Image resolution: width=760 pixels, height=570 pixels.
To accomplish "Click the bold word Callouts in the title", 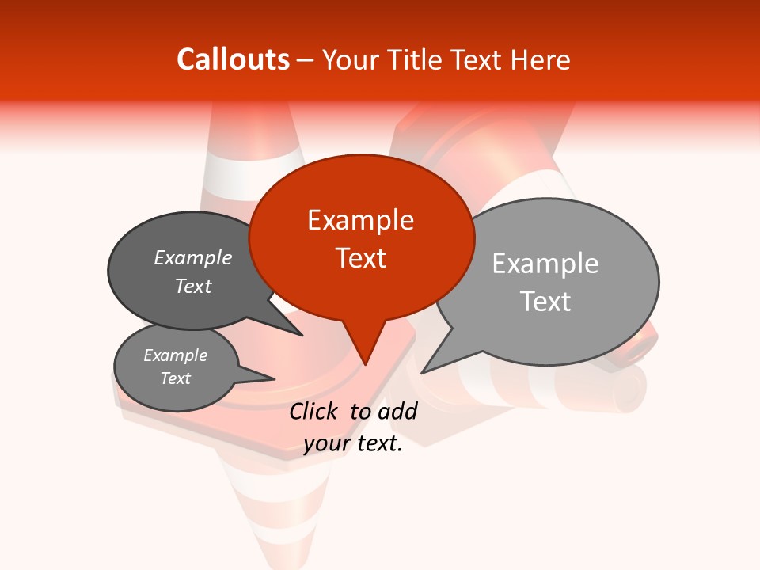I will (x=233, y=59).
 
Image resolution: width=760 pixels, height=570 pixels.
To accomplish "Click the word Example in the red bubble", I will (x=360, y=219).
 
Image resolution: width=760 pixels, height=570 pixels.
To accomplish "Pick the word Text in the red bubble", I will (x=360, y=257).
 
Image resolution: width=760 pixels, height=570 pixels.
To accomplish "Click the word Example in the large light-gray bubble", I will (x=545, y=263).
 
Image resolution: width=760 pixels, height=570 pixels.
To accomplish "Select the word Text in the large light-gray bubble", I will (x=545, y=301).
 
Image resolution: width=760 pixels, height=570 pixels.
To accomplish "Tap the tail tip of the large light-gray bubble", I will (x=423, y=372).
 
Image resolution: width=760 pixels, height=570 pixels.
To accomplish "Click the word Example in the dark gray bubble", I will (x=193, y=257).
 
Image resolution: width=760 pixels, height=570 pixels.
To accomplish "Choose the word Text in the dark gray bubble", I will (x=193, y=286).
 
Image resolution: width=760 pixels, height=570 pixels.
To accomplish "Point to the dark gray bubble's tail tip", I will (x=302, y=335).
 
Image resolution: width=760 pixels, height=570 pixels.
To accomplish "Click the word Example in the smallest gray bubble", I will (x=175, y=355).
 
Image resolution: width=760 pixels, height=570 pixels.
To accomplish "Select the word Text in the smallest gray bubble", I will (x=175, y=378).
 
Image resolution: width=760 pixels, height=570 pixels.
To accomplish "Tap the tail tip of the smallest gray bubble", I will (x=274, y=378).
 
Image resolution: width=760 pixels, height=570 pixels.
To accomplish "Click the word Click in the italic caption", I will (x=315, y=410).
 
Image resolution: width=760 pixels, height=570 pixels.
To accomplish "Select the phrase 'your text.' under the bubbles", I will (x=353, y=443).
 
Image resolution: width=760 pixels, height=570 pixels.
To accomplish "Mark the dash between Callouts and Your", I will (x=306, y=60).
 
